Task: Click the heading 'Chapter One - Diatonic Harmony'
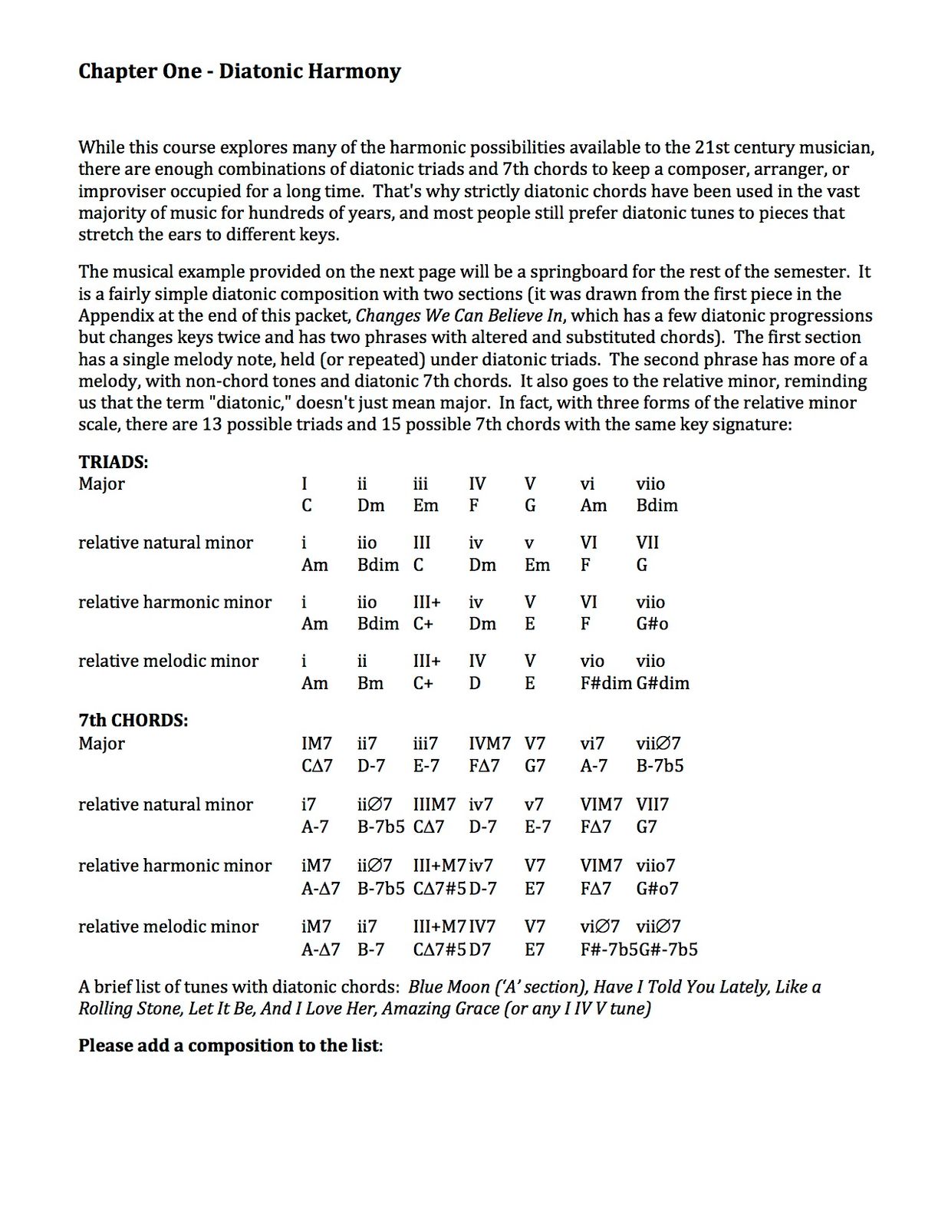(x=239, y=71)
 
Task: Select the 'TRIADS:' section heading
(x=114, y=462)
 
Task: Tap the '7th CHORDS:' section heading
(x=133, y=721)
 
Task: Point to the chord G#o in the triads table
(x=652, y=624)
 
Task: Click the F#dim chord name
(x=606, y=683)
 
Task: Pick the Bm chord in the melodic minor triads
(x=370, y=683)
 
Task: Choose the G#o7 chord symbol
(x=657, y=888)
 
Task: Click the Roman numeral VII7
(x=652, y=804)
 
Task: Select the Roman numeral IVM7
(x=490, y=743)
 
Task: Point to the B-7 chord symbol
(x=371, y=949)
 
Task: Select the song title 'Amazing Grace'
(x=440, y=1008)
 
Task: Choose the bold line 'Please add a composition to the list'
(x=230, y=1046)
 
